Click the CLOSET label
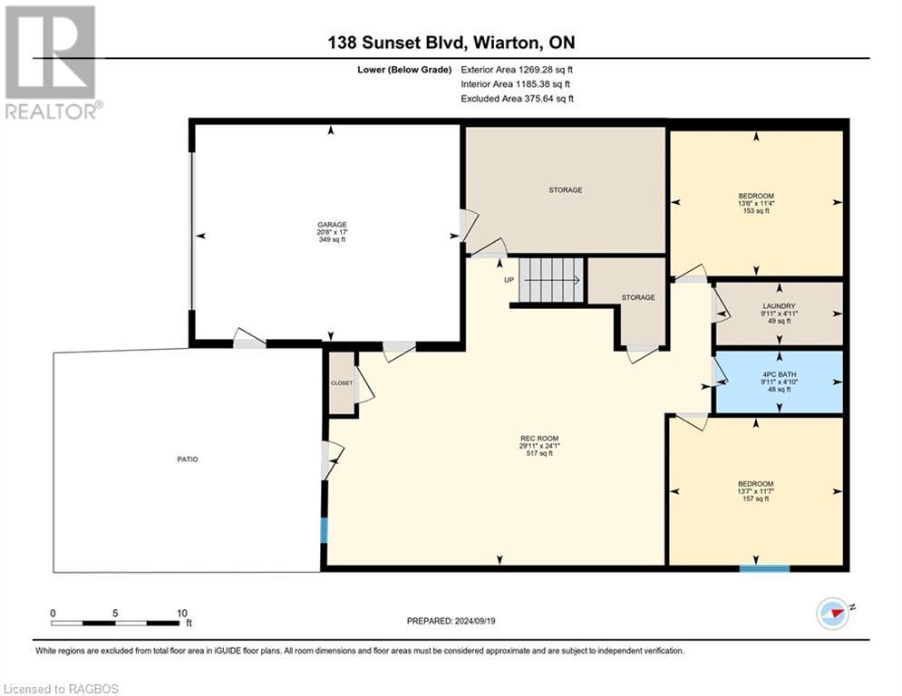point(342,383)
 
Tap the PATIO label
point(188,459)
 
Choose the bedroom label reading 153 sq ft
point(756,203)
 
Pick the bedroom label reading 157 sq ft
point(756,491)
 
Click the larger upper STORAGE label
point(566,189)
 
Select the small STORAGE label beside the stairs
point(638,297)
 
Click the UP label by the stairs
point(509,280)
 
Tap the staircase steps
point(552,280)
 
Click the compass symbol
point(832,614)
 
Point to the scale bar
point(115,623)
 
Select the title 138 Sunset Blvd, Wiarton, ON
point(451,43)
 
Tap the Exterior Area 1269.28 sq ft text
point(517,70)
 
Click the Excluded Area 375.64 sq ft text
point(517,99)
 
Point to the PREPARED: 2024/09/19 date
point(451,621)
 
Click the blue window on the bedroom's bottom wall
point(764,569)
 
